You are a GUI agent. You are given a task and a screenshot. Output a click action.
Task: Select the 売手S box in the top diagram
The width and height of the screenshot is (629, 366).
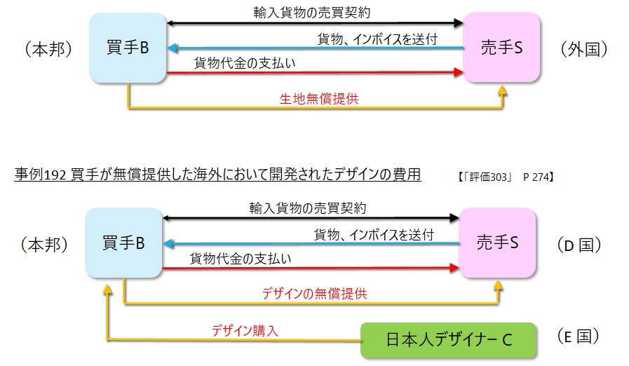502,48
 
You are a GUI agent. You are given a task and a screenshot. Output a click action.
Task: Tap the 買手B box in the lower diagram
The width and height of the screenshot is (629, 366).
123,243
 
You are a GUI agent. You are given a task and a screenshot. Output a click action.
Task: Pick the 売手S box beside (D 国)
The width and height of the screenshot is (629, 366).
498,243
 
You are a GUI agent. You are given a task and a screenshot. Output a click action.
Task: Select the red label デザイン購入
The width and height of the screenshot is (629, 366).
245,330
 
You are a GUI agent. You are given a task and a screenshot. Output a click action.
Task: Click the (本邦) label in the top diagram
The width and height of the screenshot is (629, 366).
48,49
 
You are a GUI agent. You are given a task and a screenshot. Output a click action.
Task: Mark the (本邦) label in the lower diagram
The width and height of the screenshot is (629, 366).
46,245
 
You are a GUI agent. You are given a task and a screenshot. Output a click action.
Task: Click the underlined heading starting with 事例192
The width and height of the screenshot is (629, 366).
217,174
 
